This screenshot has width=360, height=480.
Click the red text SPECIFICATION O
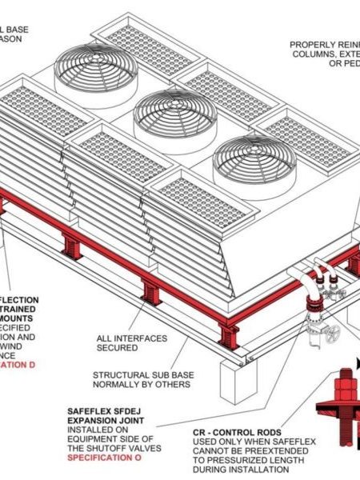pos(103,458)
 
